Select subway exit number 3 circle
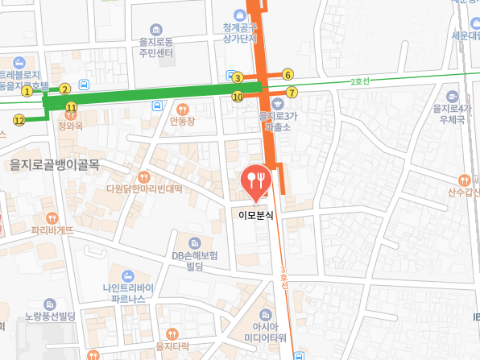pyautogui.click(x=238, y=78)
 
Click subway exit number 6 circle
pyautogui.click(x=288, y=75)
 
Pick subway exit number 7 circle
pyautogui.click(x=292, y=93)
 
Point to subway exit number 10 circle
pyautogui.click(x=238, y=97)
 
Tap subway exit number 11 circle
pyautogui.click(x=72, y=107)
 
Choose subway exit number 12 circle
pyautogui.click(x=19, y=120)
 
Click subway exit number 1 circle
pyautogui.click(x=27, y=91)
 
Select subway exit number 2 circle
pyautogui.click(x=65, y=89)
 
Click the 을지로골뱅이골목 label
pyautogui.click(x=54, y=164)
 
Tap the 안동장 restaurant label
pyautogui.click(x=183, y=122)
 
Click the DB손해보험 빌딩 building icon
pyautogui.click(x=193, y=242)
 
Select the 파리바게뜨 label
pyautogui.click(x=52, y=230)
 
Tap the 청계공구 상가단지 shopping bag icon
pyautogui.click(x=240, y=14)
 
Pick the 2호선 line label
pyautogui.click(x=360, y=81)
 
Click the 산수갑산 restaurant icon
pyautogui.click(x=463, y=180)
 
